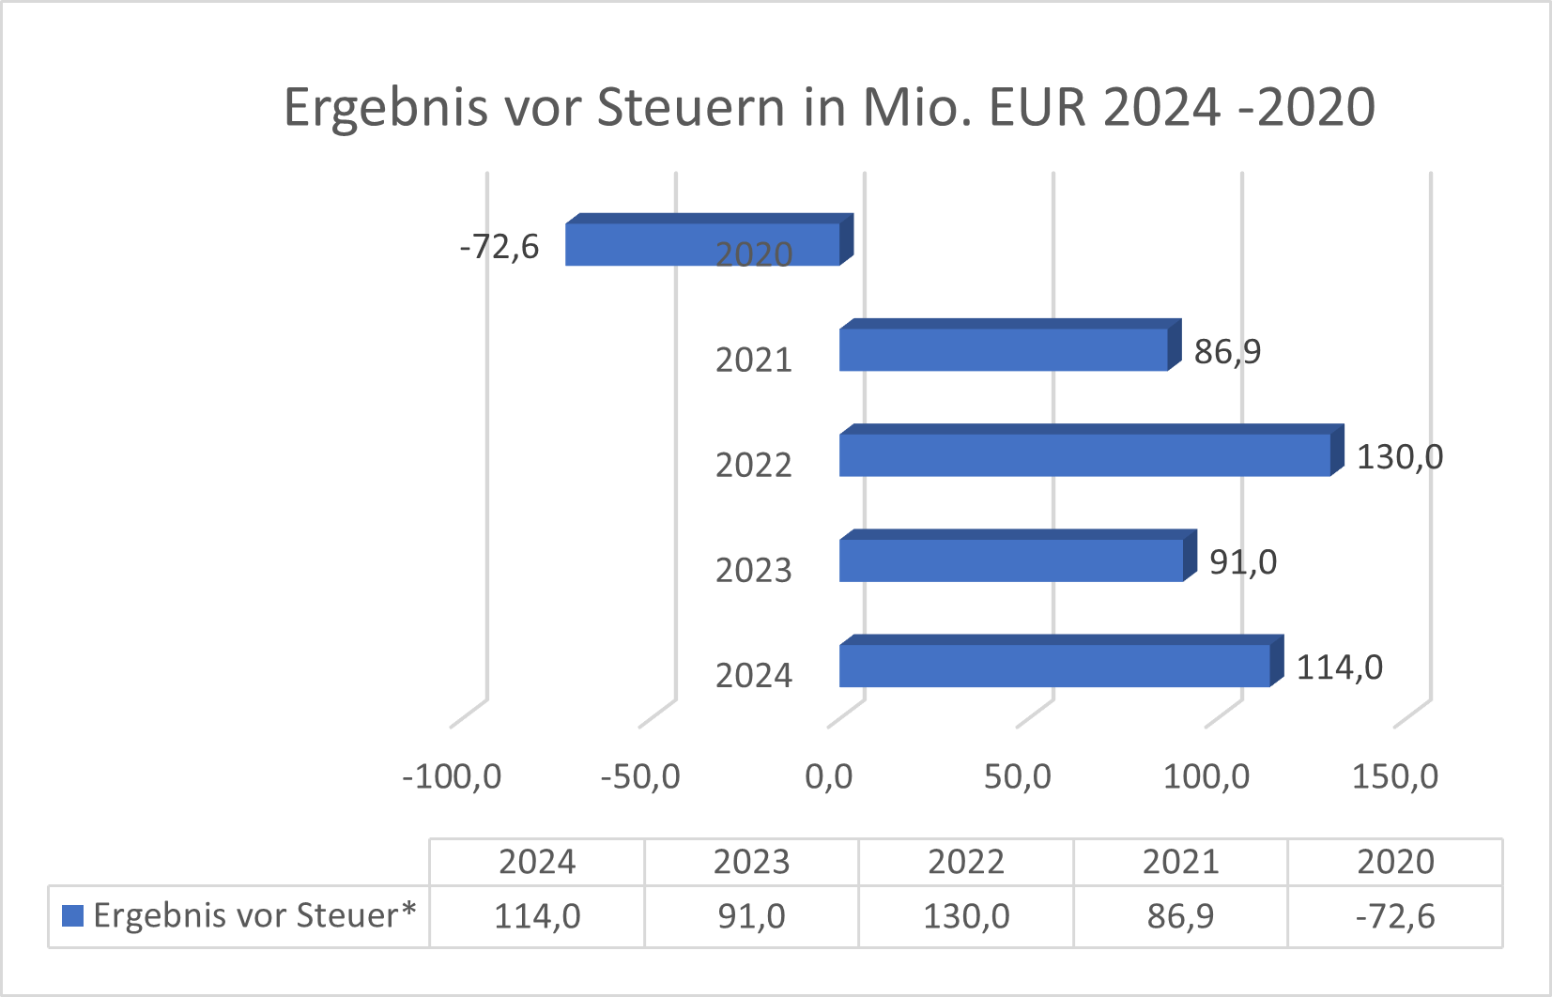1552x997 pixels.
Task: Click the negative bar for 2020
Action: pyautogui.click(x=657, y=244)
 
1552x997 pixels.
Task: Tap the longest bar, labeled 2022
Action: pyautogui.click(x=1084, y=454)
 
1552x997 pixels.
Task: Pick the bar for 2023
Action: pyautogui.click(x=1010, y=560)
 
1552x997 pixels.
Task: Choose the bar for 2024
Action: pyautogui.click(x=1053, y=665)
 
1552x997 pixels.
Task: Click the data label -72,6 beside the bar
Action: pyautogui.click(x=499, y=247)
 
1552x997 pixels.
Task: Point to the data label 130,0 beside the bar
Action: pyautogui.click(x=1399, y=457)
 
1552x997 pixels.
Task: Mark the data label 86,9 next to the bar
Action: pyautogui.click(x=1227, y=352)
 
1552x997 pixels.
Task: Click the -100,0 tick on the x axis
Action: pyautogui.click(x=452, y=777)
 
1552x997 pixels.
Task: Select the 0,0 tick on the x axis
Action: pyautogui.click(x=829, y=777)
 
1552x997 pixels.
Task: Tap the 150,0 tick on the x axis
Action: pyautogui.click(x=1394, y=777)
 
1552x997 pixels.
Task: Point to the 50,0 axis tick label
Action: pyautogui.click(x=1018, y=777)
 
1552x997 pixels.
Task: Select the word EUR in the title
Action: pyautogui.click(x=1037, y=107)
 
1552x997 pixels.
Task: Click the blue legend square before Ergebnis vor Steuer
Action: pyautogui.click(x=72, y=915)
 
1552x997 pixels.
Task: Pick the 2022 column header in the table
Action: pyautogui.click(x=966, y=862)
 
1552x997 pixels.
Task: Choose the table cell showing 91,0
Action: pyautogui.click(x=751, y=916)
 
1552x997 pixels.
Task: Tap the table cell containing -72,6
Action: pyautogui.click(x=1395, y=916)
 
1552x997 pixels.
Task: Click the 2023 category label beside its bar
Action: pyautogui.click(x=754, y=570)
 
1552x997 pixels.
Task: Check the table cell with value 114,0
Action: pyautogui.click(x=537, y=916)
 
